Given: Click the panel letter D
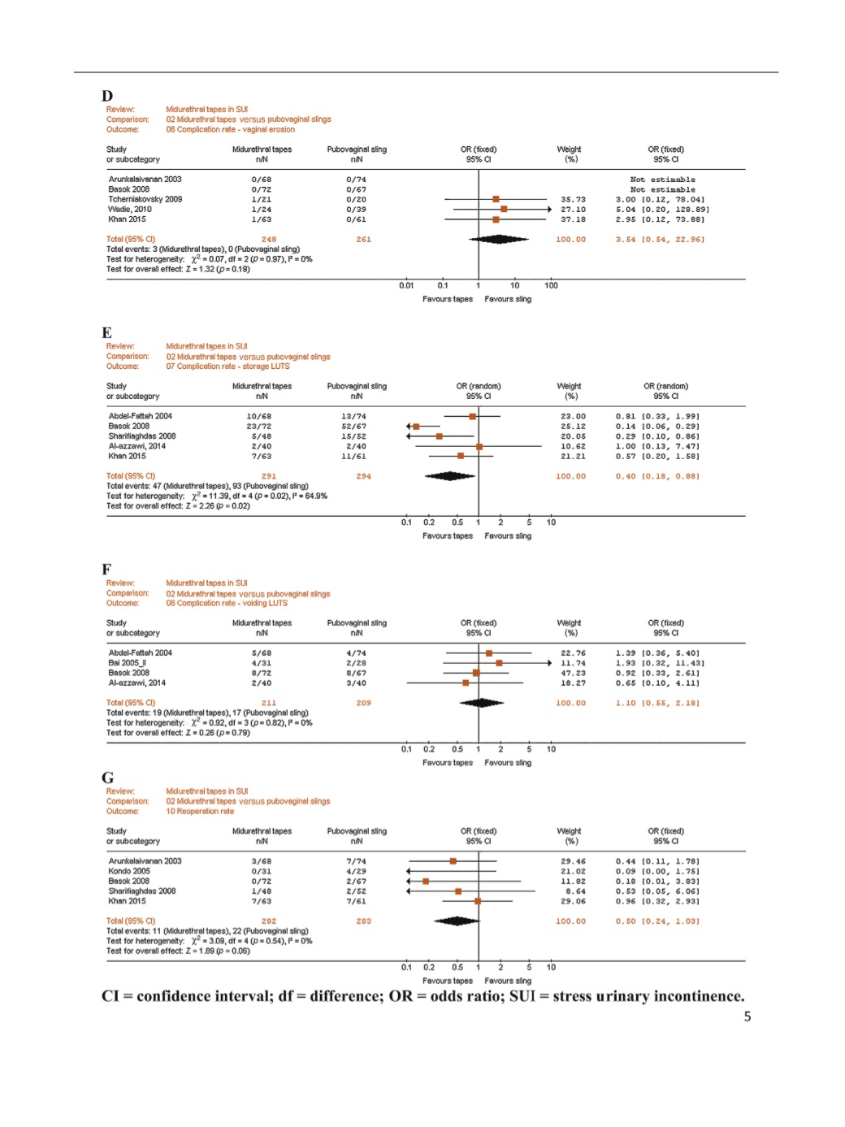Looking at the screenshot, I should pyautogui.click(x=107, y=96).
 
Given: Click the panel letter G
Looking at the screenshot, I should pyautogui.click(x=107, y=778).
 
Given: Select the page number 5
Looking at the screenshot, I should pyautogui.click(x=747, y=1016).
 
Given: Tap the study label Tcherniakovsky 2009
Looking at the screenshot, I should pyautogui.click(x=145, y=199).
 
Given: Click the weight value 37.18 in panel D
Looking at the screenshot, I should pyautogui.click(x=573, y=219).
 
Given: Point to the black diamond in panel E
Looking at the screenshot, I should pyautogui.click(x=449, y=476).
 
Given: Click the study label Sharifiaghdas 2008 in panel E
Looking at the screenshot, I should pyautogui.click(x=142, y=436).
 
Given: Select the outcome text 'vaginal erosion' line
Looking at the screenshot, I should pyautogui.click(x=230, y=129).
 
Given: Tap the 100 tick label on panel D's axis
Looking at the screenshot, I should pyautogui.click(x=551, y=285).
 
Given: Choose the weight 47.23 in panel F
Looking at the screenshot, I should pyautogui.click(x=573, y=673).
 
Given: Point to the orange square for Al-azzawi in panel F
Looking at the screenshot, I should pyautogui.click(x=466, y=683).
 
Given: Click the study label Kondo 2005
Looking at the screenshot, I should pyautogui.click(x=129, y=871).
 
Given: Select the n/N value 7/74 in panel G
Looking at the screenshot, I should pyautogui.click(x=356, y=861).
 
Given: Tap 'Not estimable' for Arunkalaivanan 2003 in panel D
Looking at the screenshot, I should pyautogui.click(x=662, y=180).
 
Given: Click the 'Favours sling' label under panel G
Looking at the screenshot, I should pyautogui.click(x=508, y=981).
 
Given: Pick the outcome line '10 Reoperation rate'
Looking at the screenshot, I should pyautogui.click(x=200, y=811).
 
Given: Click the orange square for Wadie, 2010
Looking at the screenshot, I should pyautogui.click(x=504, y=210).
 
